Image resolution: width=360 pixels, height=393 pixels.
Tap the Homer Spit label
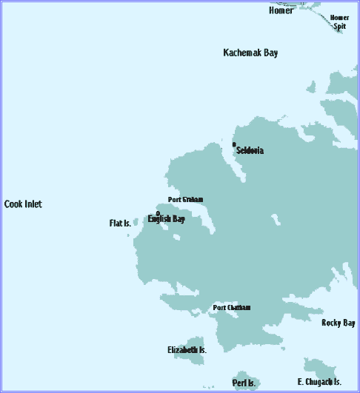(x=339, y=21)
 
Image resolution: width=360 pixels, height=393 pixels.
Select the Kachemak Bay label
(x=250, y=53)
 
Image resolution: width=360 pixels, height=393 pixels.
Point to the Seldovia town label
(x=250, y=150)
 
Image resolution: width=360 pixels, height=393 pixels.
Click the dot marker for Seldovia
(x=234, y=144)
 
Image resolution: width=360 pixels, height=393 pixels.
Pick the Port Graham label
(x=185, y=199)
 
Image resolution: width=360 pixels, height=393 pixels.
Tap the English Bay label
(x=166, y=219)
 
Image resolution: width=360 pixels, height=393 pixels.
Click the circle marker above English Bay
(x=157, y=213)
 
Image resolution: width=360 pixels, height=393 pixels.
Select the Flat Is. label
(x=120, y=223)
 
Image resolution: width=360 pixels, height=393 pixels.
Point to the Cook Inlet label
(x=23, y=204)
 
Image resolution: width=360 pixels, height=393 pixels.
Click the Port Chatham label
(x=232, y=308)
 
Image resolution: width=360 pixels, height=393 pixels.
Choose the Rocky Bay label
(x=339, y=323)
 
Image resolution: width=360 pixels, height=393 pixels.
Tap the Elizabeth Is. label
(x=187, y=349)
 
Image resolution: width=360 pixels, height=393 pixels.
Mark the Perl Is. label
(x=244, y=383)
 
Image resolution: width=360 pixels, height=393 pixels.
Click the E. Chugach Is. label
(x=319, y=382)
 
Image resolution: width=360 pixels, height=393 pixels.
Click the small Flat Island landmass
(x=135, y=221)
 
